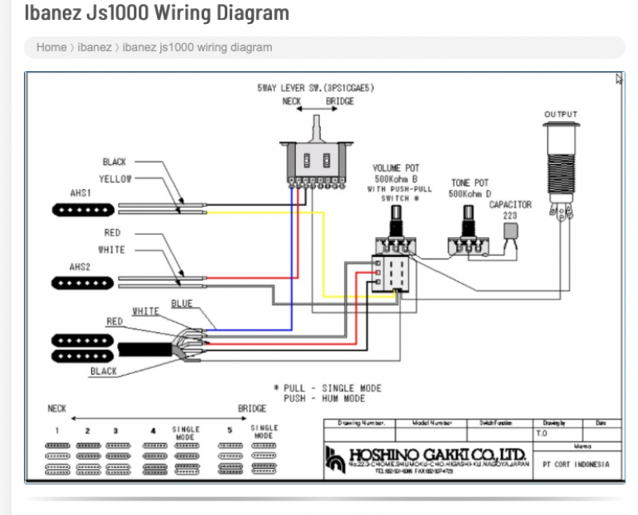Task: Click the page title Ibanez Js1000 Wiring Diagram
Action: click(x=156, y=13)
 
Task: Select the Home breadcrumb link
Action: click(x=51, y=47)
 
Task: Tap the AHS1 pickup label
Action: click(x=80, y=193)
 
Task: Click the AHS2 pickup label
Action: click(x=80, y=266)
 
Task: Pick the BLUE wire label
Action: click(x=182, y=304)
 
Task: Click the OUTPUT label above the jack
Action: click(x=561, y=115)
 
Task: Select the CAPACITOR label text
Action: click(x=510, y=205)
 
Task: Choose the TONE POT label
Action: click(x=471, y=184)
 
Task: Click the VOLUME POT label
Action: click(x=396, y=168)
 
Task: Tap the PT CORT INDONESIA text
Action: click(x=575, y=464)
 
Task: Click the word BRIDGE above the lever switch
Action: click(x=340, y=102)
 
